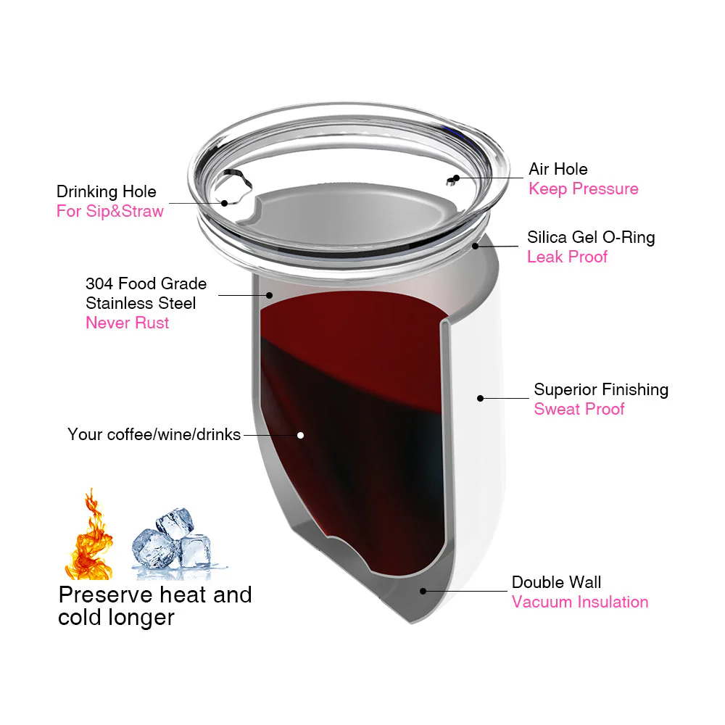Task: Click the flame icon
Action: [x=88, y=536]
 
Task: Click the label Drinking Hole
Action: [x=107, y=192]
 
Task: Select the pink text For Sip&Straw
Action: [x=110, y=212]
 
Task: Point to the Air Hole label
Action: [x=558, y=170]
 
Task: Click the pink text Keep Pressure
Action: [x=584, y=189]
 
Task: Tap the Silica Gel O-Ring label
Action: [x=591, y=237]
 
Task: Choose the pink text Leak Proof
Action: [x=567, y=257]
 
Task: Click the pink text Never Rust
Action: [x=128, y=323]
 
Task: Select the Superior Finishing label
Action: [x=601, y=390]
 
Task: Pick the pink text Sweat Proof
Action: [x=579, y=410]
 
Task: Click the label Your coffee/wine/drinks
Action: [x=154, y=435]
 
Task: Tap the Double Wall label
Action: [x=556, y=582]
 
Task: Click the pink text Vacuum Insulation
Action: [x=580, y=602]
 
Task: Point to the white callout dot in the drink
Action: [x=300, y=435]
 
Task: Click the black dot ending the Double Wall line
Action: [x=423, y=591]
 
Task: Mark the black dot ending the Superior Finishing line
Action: [x=480, y=398]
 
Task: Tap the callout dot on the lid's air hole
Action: [x=456, y=178]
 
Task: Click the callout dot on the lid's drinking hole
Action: [x=225, y=203]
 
